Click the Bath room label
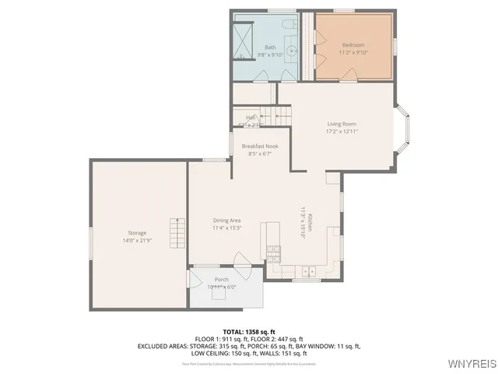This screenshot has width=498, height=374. [x=270, y=47]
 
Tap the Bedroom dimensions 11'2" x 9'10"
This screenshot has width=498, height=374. [x=352, y=54]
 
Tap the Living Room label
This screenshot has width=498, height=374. [x=342, y=124]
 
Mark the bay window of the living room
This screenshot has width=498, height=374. [x=402, y=131]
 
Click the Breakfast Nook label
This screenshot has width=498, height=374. [x=260, y=146]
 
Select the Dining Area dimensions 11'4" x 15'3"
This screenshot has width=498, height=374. [x=227, y=228]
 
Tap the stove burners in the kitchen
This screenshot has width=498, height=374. [x=273, y=253]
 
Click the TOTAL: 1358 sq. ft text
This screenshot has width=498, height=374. [x=248, y=332]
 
